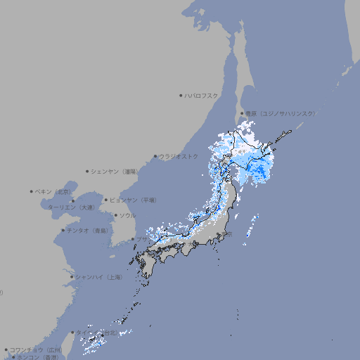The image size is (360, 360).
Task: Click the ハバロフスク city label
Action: pyautogui.click(x=202, y=96)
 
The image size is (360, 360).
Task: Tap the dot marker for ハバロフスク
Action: pyautogui.click(x=181, y=96)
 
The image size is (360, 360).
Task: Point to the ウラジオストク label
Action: pyautogui.click(x=179, y=156)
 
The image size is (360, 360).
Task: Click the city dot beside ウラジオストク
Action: pyautogui.click(x=155, y=156)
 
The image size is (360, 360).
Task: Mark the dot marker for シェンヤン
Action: pyautogui.click(x=87, y=171)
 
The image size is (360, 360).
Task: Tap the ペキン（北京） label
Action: pyautogui.click(x=53, y=191)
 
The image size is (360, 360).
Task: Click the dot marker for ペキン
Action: pyautogui.click(x=32, y=191)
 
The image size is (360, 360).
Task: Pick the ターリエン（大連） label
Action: pyautogui.click(x=70, y=207)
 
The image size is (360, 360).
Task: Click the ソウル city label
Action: pyautogui.click(x=127, y=215)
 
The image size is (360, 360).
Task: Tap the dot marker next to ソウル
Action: pyautogui.click(x=115, y=215)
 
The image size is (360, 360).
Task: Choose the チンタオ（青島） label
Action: pyautogui.click(x=88, y=230)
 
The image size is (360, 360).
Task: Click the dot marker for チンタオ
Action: pyautogui.click(x=63, y=230)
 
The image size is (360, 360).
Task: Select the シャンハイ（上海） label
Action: pyautogui.click(x=99, y=277)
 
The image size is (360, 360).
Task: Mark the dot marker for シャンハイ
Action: pyautogui.click(x=72, y=277)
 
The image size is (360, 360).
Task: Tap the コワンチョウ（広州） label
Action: pyautogui.click(x=36, y=349)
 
